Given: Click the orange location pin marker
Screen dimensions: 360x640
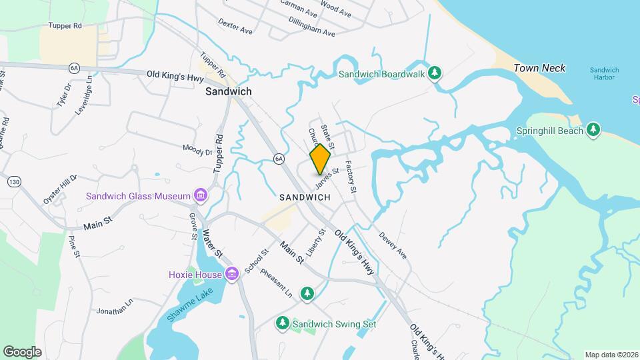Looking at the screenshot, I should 321,159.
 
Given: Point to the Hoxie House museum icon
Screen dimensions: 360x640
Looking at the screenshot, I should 232,274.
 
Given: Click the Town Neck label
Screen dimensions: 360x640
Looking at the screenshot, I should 539,68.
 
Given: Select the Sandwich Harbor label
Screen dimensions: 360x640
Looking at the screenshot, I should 605,75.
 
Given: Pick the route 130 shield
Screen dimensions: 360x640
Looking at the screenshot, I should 13,181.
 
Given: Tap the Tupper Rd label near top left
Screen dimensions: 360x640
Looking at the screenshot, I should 65,26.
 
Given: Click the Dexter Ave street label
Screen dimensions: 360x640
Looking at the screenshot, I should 235,25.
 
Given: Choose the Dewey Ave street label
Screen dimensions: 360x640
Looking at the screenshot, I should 393,245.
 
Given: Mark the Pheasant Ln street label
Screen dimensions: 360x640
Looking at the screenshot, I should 276,283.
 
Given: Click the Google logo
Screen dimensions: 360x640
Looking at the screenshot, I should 22,351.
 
